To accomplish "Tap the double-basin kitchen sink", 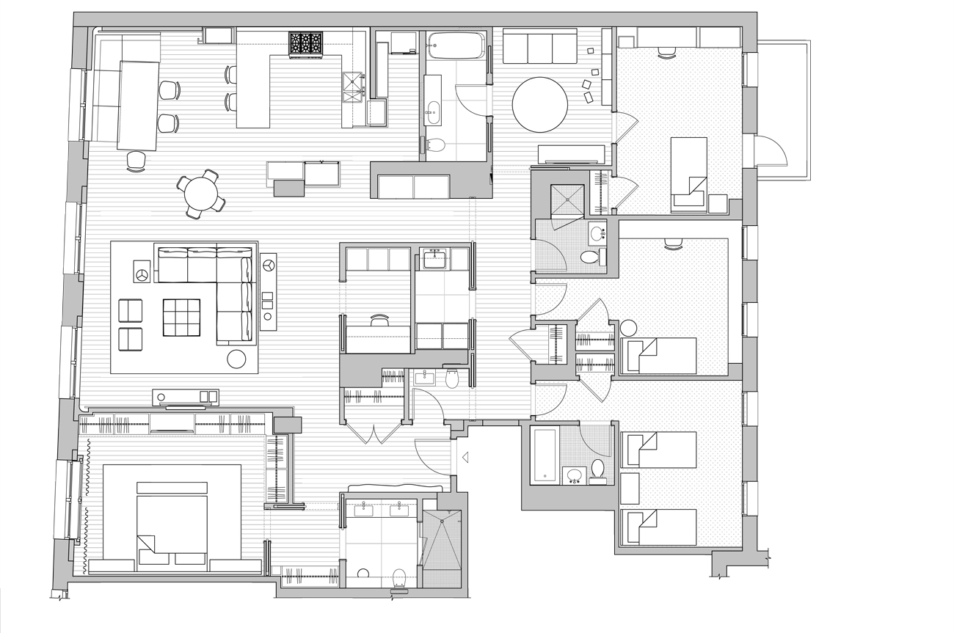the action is (353, 87).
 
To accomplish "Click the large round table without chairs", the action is (540, 104).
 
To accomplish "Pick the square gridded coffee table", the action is (181, 317).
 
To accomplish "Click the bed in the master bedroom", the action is (172, 524).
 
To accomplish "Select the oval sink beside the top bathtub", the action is (432, 113).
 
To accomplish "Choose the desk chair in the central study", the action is (379, 320).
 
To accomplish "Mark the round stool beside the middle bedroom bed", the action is (630, 328).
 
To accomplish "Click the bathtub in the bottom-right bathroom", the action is (544, 455).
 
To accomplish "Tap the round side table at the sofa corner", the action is (236, 359).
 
